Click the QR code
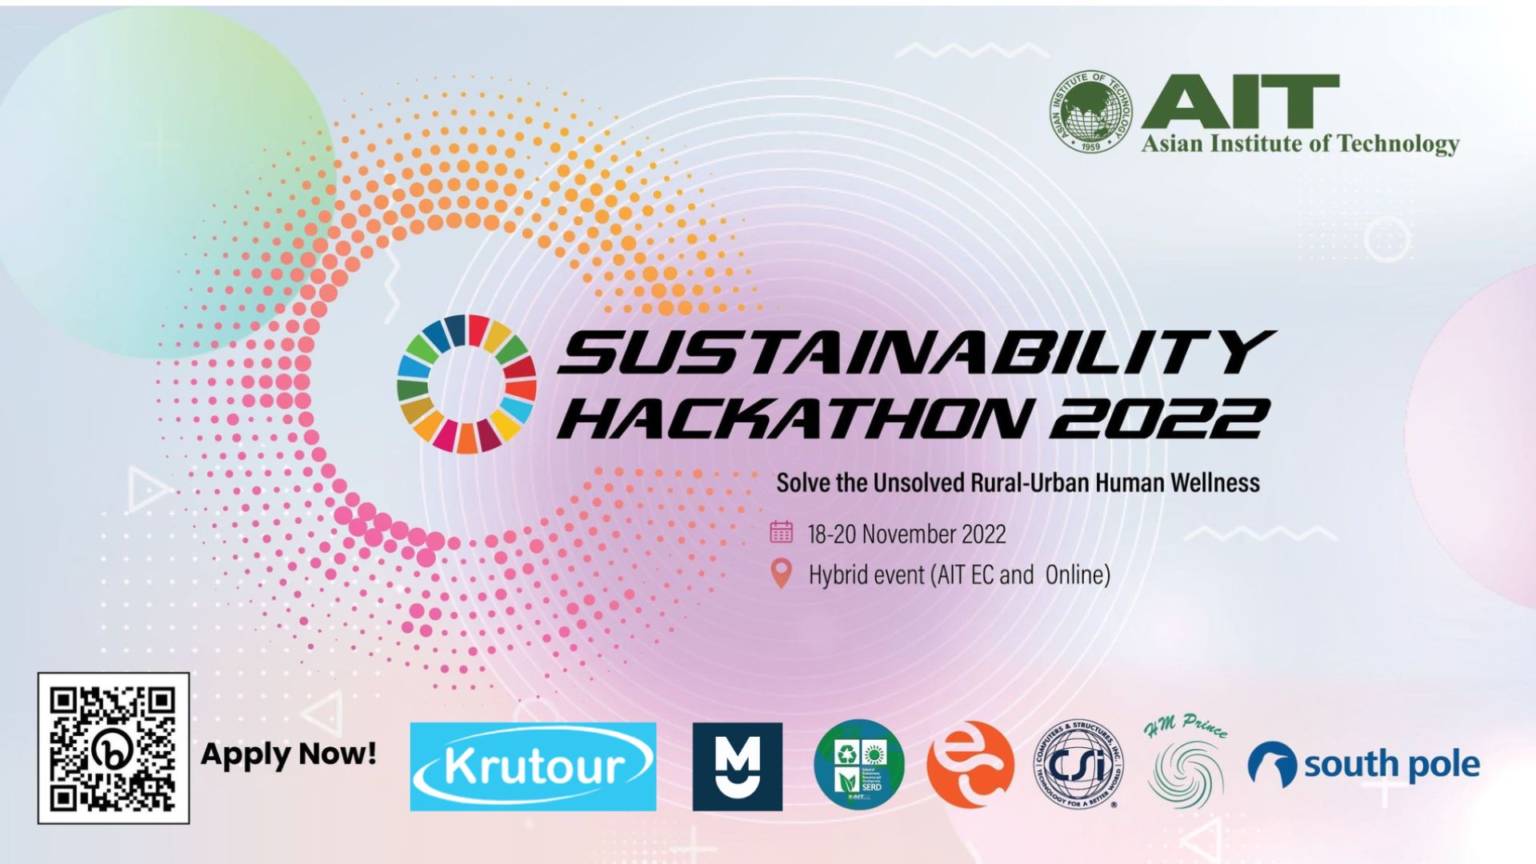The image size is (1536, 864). point(113,748)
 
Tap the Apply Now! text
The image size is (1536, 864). point(288,754)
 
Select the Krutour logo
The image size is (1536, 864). point(533,766)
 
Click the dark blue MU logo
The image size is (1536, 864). point(737,766)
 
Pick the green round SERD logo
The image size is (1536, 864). point(858,765)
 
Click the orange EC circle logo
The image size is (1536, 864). point(970,765)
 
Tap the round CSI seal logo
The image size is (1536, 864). point(1078,766)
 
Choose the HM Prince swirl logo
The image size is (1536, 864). point(1186,764)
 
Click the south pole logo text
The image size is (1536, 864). point(1391,765)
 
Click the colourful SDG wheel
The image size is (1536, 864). point(466,384)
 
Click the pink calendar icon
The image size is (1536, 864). point(781,532)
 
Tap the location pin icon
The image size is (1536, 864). point(781,573)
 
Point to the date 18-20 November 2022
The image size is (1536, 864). point(906,534)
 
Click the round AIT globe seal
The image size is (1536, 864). point(1091,112)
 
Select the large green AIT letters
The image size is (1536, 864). point(1240,102)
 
